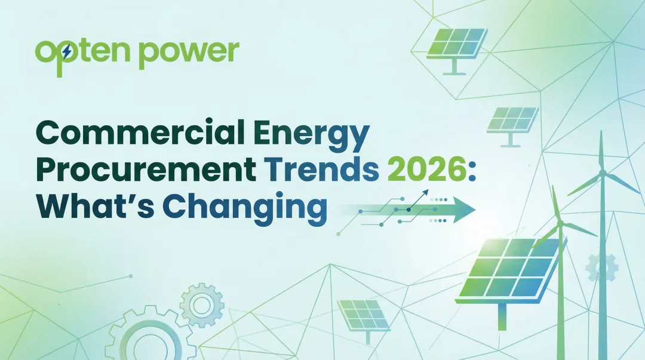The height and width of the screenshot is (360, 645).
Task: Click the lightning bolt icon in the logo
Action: pos(66,53)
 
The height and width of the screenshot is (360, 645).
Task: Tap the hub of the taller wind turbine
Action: pos(602,173)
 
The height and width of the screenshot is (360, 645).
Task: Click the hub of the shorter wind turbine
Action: pos(559,224)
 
